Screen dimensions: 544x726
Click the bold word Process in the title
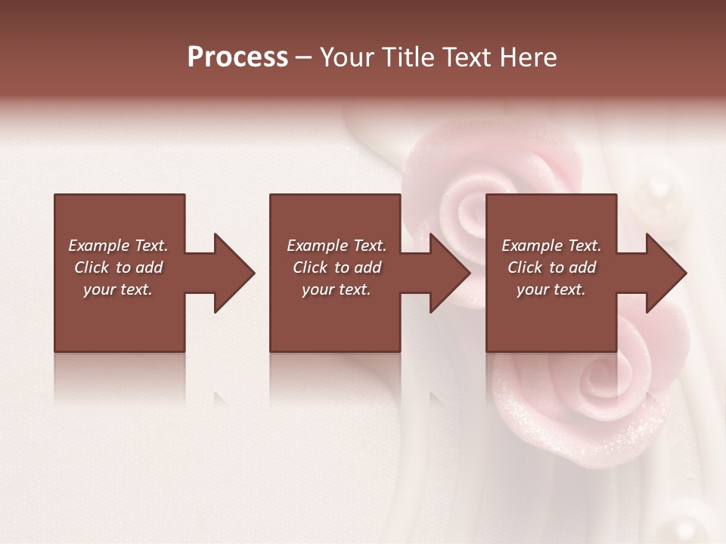pyautogui.click(x=237, y=57)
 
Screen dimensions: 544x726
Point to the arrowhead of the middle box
pyautogui.click(x=449, y=273)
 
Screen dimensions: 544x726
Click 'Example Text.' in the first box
pyautogui.click(x=118, y=246)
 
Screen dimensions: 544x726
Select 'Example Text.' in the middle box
pyautogui.click(x=337, y=246)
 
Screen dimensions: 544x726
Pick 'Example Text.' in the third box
pyautogui.click(x=551, y=246)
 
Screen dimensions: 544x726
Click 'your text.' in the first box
pyautogui.click(x=118, y=289)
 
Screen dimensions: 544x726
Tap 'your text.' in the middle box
pyautogui.click(x=337, y=289)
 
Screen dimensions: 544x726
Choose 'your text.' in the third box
pyautogui.click(x=551, y=289)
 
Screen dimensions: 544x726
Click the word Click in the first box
pyautogui.click(x=92, y=267)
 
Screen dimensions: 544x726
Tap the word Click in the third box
pyautogui.click(x=526, y=267)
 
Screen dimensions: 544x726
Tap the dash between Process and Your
pyautogui.click(x=303, y=57)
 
